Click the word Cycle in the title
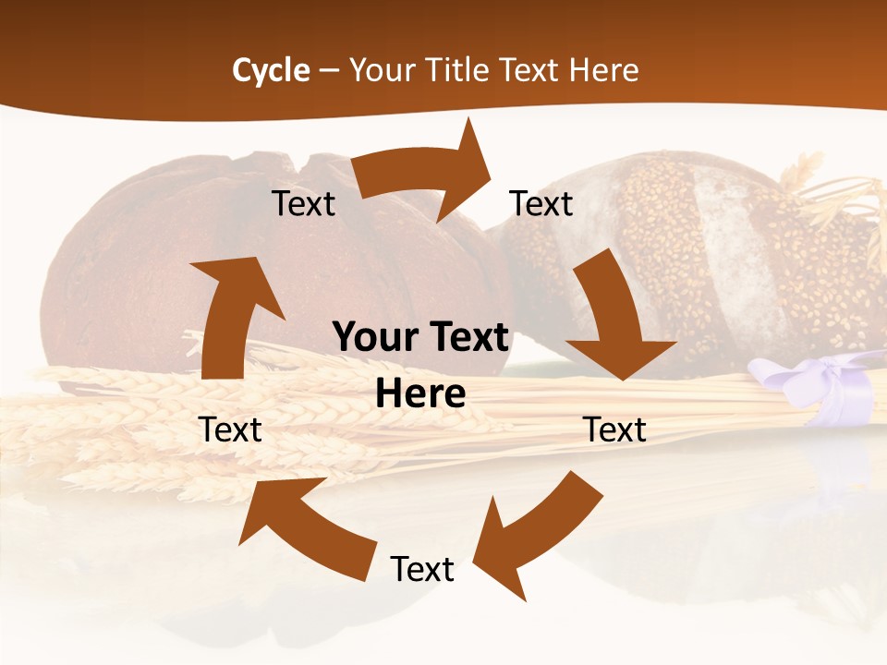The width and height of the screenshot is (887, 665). coord(271,69)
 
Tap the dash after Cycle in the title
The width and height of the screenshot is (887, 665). coord(329,70)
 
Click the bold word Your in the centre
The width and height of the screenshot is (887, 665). coord(374,338)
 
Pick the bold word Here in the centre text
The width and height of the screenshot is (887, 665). coord(420,394)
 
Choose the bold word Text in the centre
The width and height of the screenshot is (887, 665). coord(466,338)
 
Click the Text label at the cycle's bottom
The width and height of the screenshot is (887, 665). coord(422,569)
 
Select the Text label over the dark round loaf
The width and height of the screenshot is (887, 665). coord(303,203)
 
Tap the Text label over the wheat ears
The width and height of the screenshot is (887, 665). coord(230,429)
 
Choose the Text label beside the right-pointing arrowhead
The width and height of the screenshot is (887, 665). coord(541,203)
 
